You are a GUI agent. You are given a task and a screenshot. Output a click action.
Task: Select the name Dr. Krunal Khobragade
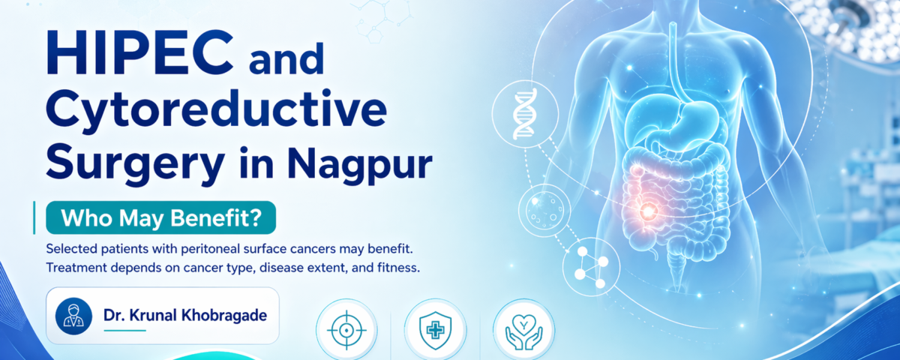point(184,316)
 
